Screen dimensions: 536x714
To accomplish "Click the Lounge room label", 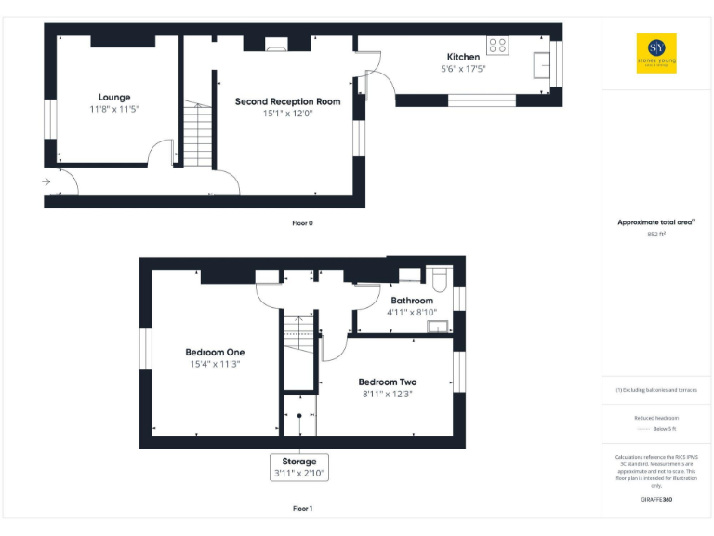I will [x=114, y=97].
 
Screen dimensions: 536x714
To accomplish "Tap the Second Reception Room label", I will [x=287, y=101].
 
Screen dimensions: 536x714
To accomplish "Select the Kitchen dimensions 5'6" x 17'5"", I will [x=463, y=69].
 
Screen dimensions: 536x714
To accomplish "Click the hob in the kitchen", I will [x=497, y=44].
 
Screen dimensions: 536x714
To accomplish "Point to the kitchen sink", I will [x=542, y=64].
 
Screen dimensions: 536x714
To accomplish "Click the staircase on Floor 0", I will [x=195, y=134].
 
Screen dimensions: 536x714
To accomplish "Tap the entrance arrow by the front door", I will [x=46, y=182].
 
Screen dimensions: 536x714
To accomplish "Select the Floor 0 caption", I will [x=302, y=223].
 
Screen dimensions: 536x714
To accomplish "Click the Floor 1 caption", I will [x=302, y=509].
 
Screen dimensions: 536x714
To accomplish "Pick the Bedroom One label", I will [x=215, y=352].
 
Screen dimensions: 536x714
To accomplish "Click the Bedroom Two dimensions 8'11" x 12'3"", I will [x=387, y=395].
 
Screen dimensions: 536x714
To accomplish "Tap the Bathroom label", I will [x=411, y=301].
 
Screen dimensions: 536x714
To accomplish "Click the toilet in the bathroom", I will [x=440, y=278].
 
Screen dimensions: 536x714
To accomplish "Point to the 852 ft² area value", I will [x=656, y=234].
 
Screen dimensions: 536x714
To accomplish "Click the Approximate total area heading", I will [x=655, y=222].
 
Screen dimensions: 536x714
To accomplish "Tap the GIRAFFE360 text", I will [x=655, y=501].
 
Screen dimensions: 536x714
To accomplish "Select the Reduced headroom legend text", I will [x=656, y=418].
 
